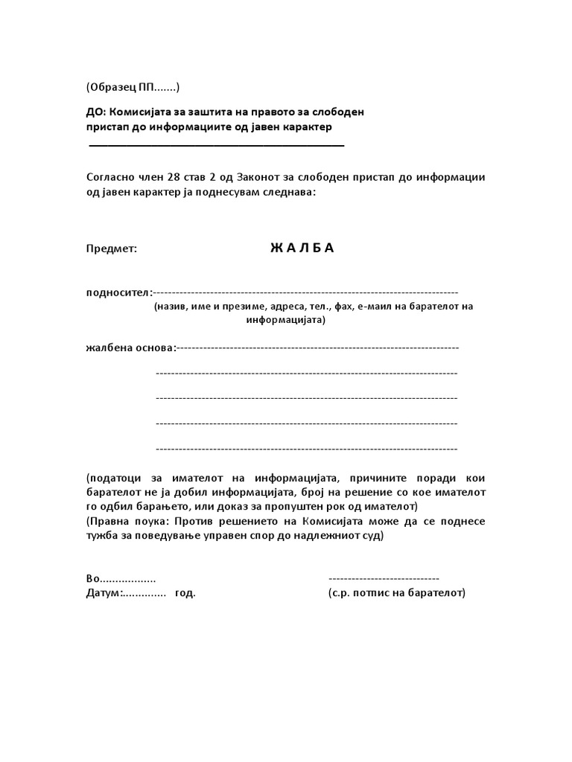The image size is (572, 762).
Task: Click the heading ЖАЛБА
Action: (x=302, y=249)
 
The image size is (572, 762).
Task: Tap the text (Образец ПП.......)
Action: (x=133, y=88)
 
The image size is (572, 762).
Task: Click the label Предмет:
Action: (x=112, y=249)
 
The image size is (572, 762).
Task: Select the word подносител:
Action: (x=119, y=292)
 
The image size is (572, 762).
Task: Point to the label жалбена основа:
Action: (x=131, y=348)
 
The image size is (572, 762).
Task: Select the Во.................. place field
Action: (x=121, y=579)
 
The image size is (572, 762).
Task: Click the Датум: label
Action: (x=104, y=593)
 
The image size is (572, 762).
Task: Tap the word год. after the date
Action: (x=185, y=593)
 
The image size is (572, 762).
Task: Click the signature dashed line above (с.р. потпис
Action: (x=384, y=579)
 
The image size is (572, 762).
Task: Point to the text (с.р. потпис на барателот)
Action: (x=396, y=593)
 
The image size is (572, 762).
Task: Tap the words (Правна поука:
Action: (x=124, y=521)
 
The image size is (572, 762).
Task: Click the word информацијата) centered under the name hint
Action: (x=285, y=320)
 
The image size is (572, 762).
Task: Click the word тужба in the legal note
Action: (x=102, y=536)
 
